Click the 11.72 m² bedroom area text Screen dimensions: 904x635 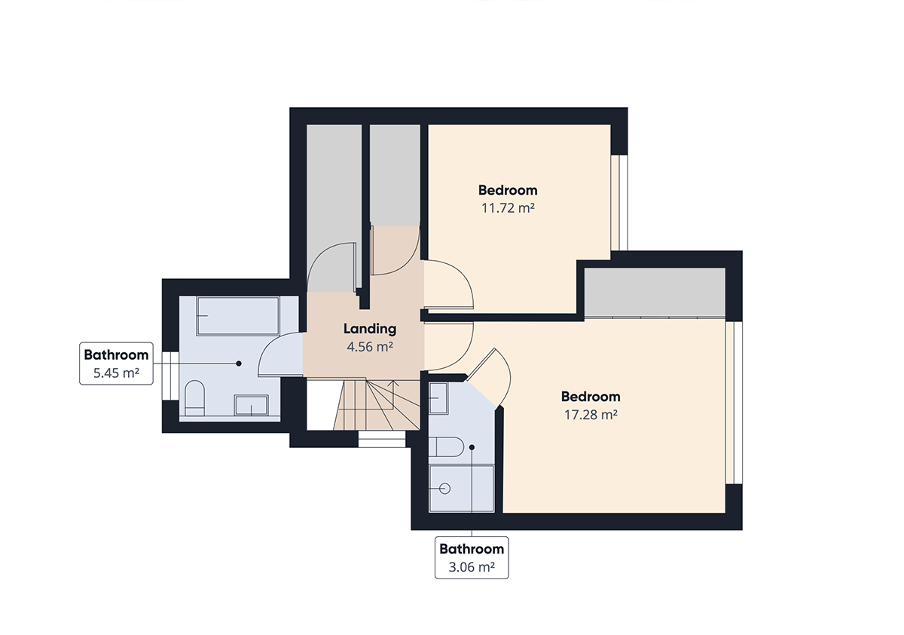[x=508, y=208]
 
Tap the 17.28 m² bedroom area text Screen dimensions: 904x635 [x=591, y=415]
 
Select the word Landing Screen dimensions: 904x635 [x=370, y=330]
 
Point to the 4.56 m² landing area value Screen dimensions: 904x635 [x=370, y=347]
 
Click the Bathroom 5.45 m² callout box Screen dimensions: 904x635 [x=116, y=364]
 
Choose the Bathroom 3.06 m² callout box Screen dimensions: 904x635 [x=472, y=558]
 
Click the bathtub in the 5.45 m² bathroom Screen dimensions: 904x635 [x=238, y=316]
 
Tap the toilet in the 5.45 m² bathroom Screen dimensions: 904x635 [x=194, y=398]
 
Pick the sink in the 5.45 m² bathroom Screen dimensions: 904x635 [x=252, y=405]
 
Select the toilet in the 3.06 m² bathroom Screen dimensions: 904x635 [x=446, y=446]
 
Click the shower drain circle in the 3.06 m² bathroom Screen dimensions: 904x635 [x=444, y=489]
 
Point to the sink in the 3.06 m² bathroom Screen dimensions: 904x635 [x=438, y=398]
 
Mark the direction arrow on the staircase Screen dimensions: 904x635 [x=393, y=394]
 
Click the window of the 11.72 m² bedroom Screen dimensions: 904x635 [x=619, y=203]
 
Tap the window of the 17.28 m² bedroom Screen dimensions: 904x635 [x=734, y=403]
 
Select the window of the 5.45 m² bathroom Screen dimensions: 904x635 [x=170, y=376]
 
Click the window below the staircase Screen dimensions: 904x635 [x=382, y=439]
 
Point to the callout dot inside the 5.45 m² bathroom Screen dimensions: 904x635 [x=239, y=364]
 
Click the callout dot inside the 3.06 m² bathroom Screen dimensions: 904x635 [x=472, y=447]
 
